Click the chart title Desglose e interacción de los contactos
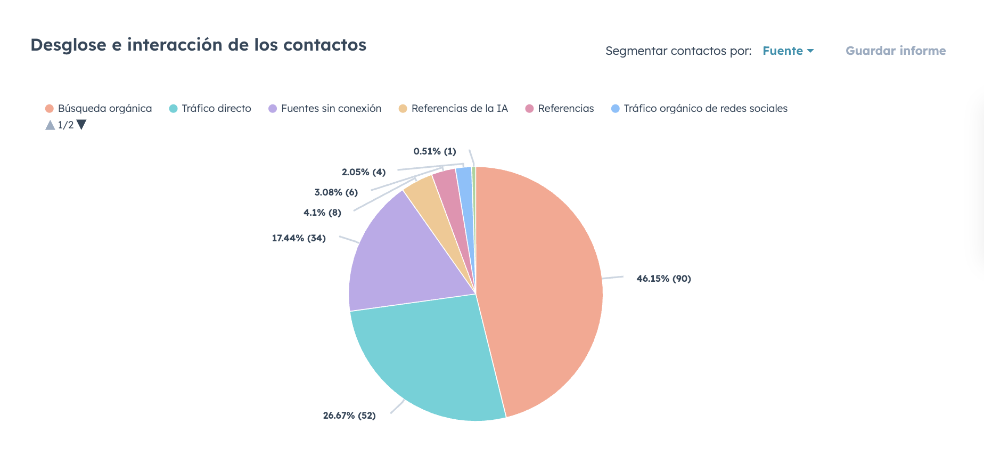tap(198, 45)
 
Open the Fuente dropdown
tap(788, 51)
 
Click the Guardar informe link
tap(896, 51)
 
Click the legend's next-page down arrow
tap(81, 125)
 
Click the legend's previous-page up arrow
tap(50, 125)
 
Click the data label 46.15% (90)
tap(663, 279)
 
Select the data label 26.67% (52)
tap(349, 416)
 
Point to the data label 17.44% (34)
tap(299, 238)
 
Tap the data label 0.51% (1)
tap(434, 151)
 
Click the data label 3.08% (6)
tap(336, 192)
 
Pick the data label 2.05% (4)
tap(364, 172)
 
